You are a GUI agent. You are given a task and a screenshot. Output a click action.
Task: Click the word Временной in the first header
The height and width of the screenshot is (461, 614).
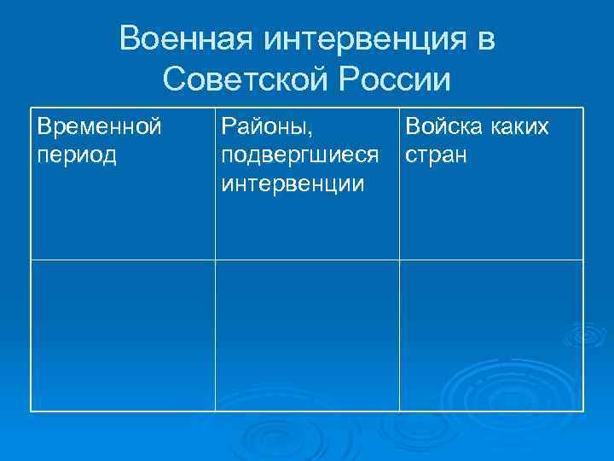click(x=99, y=127)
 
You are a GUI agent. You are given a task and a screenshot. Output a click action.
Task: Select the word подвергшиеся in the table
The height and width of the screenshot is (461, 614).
click(x=299, y=156)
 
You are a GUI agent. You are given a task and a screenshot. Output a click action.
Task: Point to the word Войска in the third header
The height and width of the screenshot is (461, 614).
click(x=443, y=127)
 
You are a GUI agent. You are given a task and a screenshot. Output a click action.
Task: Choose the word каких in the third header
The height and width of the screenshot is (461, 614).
click(x=519, y=127)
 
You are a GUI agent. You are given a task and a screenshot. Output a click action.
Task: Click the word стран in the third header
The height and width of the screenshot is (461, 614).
click(x=436, y=157)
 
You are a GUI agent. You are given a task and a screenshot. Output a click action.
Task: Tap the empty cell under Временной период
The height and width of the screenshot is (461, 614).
click(x=123, y=335)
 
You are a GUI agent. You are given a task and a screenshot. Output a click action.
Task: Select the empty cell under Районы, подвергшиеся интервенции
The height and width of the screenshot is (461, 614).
click(x=307, y=335)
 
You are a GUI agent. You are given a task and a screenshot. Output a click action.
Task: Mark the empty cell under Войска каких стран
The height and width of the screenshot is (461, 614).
click(x=491, y=335)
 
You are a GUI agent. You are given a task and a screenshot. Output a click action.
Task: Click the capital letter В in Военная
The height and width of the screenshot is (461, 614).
click(x=130, y=38)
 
